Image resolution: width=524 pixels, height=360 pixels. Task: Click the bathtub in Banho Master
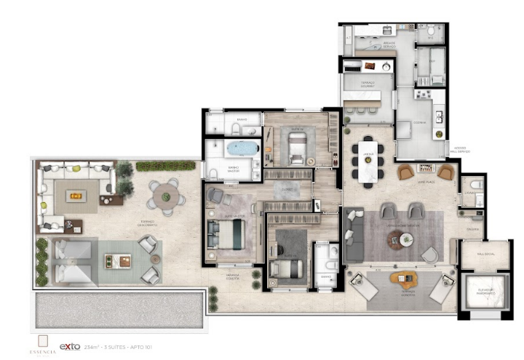239,149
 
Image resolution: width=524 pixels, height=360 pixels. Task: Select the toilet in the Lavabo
476,185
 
